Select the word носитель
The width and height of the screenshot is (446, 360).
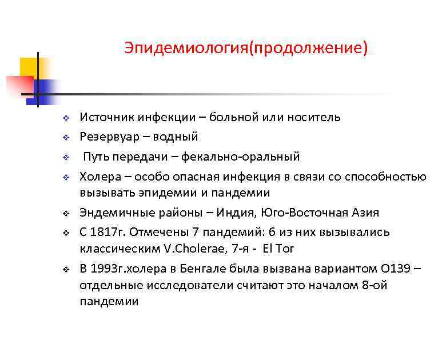coord(314,117)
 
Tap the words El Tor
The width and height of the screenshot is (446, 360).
coord(277,249)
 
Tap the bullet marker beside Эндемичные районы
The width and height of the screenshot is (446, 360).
coord(66,214)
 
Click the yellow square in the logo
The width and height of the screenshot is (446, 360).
coord(29,67)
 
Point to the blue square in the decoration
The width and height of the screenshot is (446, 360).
coord(45,87)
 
